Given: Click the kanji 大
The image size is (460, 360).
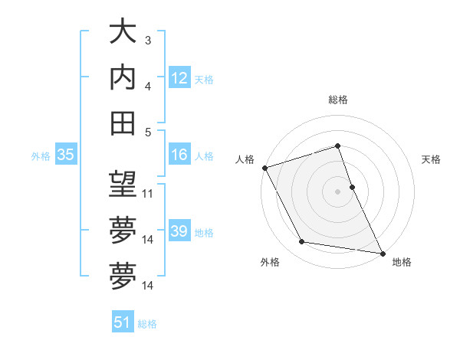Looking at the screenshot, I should point(123,33).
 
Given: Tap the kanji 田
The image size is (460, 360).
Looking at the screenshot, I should point(123,123).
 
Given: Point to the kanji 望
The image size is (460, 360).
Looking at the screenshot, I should point(123,185).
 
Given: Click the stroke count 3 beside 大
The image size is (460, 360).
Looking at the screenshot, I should point(148,40).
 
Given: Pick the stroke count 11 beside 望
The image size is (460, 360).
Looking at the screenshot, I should point(149,194).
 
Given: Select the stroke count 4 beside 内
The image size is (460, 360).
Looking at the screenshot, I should point(148,86).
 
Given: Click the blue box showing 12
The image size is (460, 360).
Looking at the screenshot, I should point(179,78).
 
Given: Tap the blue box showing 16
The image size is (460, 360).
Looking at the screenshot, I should point(179,155).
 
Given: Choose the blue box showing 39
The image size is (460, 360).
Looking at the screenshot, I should point(179,231).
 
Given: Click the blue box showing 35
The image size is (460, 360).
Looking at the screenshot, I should point(65,155).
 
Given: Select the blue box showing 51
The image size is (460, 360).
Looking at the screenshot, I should point(123,322).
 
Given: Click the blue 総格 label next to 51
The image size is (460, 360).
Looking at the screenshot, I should point(147,324).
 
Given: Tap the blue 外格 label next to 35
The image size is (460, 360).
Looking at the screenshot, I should point(41,156).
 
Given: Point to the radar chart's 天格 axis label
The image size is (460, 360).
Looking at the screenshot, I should point(432,159).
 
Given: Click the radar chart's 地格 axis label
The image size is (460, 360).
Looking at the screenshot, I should point(402,263).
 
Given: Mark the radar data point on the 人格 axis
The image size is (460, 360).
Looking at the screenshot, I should point(264,168).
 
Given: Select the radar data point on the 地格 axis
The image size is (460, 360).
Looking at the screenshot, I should point(382,252).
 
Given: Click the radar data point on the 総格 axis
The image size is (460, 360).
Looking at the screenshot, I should point(337,146).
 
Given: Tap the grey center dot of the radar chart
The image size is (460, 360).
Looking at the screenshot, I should point(337,191).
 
